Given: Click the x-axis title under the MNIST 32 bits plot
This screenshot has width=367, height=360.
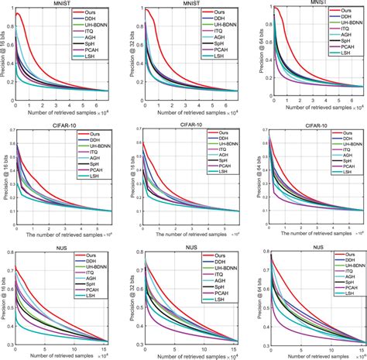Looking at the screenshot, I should [x=191, y=110].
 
